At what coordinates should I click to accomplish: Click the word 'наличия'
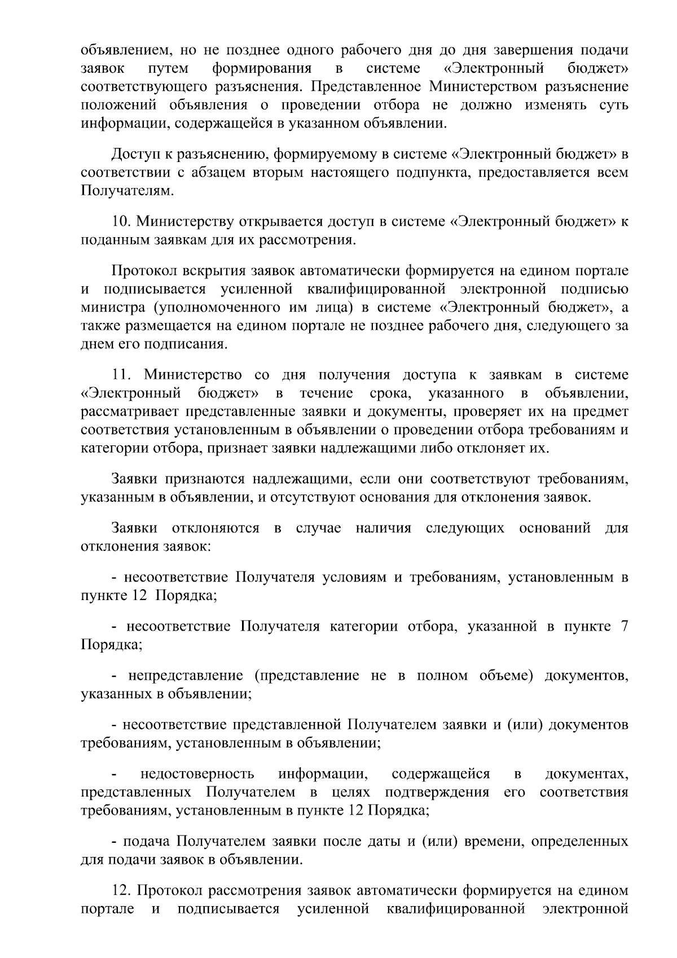coord(384,528)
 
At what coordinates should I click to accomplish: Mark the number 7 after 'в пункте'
coord(625,627)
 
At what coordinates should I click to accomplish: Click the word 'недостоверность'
coord(197,773)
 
